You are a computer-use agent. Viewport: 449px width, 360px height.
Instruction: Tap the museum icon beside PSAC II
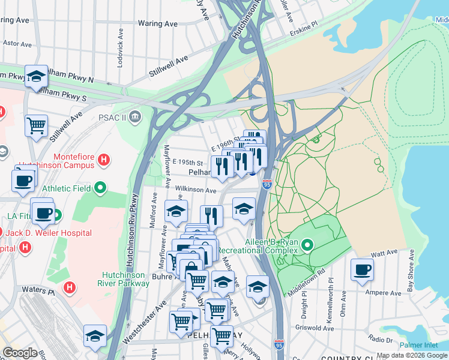point(137,116)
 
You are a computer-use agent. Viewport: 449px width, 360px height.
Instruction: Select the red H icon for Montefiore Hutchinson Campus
point(104,160)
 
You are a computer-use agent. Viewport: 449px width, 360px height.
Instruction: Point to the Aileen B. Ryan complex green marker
point(307,245)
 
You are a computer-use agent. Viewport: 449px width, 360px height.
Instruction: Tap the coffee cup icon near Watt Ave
point(361,270)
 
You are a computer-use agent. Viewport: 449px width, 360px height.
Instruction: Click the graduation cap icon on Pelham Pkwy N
point(37,76)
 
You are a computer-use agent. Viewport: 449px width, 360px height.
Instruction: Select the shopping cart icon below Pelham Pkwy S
point(37,126)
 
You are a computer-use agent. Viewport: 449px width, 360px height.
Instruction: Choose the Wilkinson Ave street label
point(195,190)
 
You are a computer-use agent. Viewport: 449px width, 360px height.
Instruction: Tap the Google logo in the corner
point(20,353)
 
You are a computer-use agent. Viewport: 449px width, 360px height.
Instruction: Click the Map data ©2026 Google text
point(411,355)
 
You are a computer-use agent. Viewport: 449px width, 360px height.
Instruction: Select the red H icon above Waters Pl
point(70,288)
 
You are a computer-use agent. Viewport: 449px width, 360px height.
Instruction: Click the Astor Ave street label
point(16,43)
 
